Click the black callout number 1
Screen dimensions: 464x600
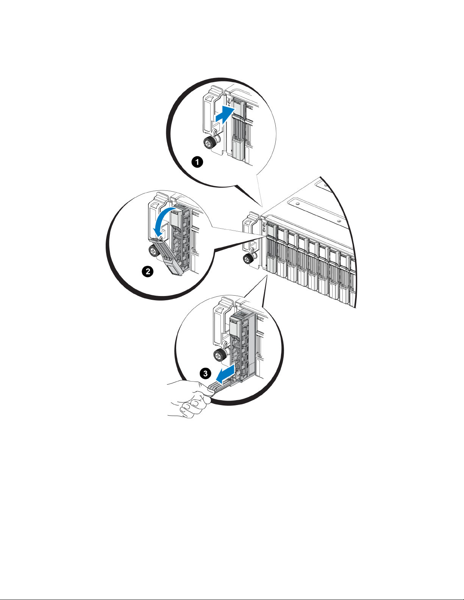(x=197, y=162)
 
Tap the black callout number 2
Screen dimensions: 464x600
(x=148, y=271)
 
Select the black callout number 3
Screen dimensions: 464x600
(x=205, y=374)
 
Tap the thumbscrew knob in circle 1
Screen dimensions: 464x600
(x=209, y=142)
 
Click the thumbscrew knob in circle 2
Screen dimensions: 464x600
(x=153, y=251)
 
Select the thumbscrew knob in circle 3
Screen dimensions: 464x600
(x=220, y=355)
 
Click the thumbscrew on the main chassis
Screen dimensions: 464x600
(x=248, y=259)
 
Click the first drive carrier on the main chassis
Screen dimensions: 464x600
(x=271, y=245)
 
